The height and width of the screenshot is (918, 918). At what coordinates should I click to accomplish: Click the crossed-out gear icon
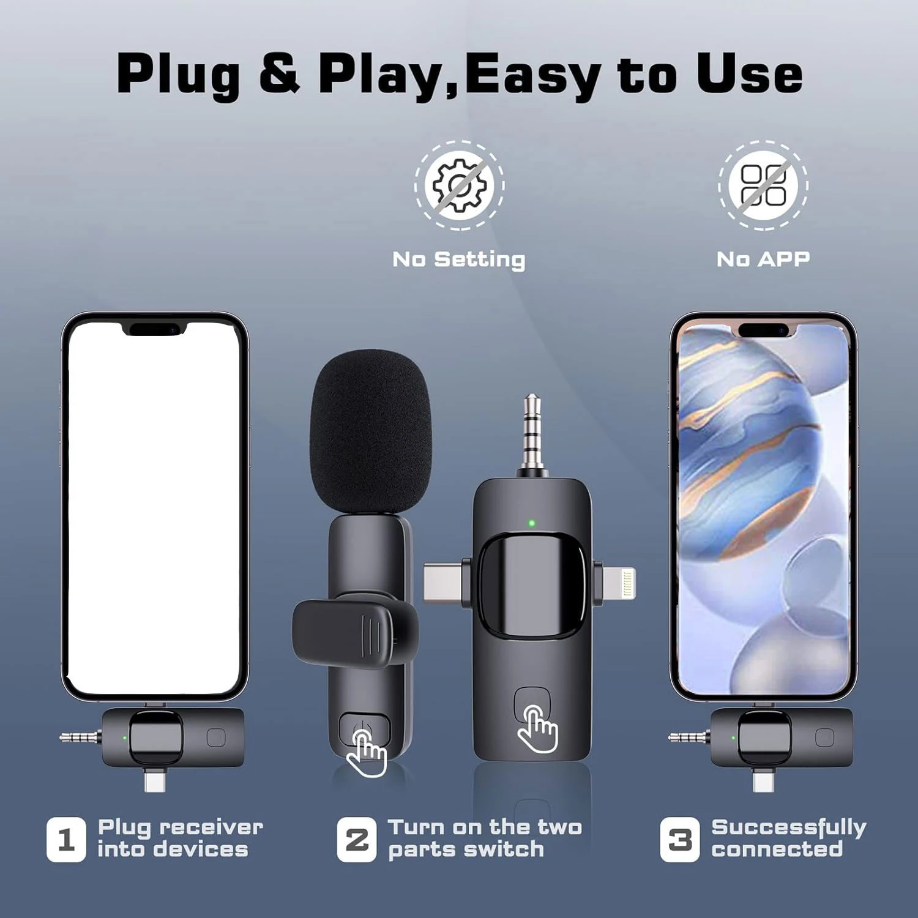460,185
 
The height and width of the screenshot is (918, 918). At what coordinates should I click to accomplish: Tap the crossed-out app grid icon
763,185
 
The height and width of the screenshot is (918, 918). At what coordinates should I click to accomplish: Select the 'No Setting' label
459,259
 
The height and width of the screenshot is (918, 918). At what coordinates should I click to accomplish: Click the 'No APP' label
763,259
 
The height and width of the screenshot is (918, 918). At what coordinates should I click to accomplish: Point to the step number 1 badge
66,840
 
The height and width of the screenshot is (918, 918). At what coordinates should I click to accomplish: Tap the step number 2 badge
357,840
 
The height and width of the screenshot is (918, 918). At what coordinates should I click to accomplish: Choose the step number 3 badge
679,840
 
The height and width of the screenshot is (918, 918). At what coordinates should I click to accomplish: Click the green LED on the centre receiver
531,523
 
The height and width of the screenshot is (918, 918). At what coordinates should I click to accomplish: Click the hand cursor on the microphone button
367,755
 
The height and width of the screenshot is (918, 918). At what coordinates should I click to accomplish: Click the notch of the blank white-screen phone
154,330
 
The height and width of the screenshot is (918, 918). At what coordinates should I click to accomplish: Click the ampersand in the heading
279,73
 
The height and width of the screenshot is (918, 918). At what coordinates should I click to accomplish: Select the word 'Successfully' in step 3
789,828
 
